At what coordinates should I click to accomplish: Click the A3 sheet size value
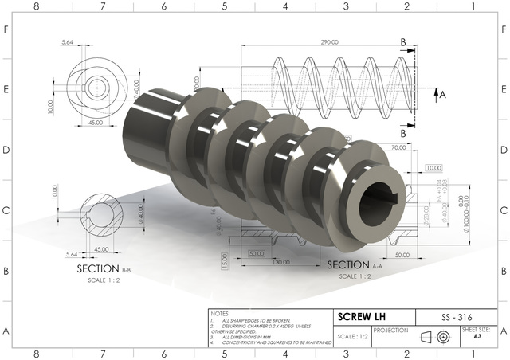477,337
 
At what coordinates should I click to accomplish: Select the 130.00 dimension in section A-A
280,262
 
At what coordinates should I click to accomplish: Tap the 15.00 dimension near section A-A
226,260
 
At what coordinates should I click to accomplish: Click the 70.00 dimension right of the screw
399,148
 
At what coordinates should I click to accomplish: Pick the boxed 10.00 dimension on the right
433,168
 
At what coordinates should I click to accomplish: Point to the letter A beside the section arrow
443,93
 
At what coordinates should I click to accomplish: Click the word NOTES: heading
221,314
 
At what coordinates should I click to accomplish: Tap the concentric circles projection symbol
443,337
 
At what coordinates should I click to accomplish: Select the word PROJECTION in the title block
390,330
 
